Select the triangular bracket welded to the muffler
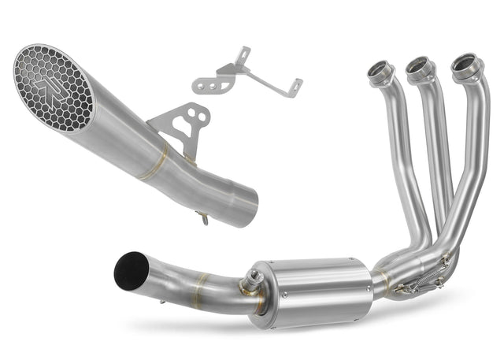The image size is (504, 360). (183, 126)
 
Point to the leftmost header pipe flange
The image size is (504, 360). (381, 72)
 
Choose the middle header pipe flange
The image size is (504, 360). (419, 69)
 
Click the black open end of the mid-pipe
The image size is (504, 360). (131, 270)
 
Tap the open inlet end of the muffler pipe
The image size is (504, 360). (247, 202)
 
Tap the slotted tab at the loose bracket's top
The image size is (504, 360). (245, 54)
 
